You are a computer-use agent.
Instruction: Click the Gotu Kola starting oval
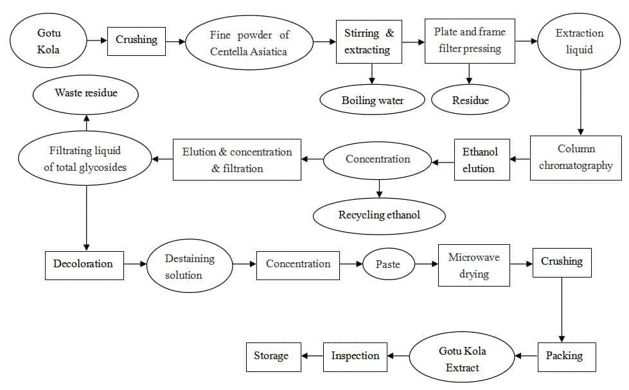(x=48, y=40)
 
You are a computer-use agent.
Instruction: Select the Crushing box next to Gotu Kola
(x=136, y=41)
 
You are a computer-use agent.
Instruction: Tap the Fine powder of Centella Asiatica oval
(x=249, y=42)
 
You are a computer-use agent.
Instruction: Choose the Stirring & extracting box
(x=369, y=41)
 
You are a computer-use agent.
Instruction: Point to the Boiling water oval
(x=372, y=100)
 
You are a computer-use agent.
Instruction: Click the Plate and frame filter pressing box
(x=470, y=41)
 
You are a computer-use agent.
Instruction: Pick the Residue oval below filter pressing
(x=470, y=100)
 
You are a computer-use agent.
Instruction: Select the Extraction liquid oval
(x=579, y=41)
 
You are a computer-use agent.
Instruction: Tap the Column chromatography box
(x=576, y=157)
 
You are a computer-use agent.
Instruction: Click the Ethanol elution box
(x=482, y=160)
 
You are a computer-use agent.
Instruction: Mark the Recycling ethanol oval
(x=379, y=216)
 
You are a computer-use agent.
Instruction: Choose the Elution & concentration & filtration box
(x=237, y=160)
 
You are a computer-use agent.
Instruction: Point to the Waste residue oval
(x=85, y=94)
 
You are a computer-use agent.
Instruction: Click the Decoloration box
(x=84, y=265)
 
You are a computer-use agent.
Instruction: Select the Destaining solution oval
(x=190, y=265)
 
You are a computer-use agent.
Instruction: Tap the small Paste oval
(x=388, y=264)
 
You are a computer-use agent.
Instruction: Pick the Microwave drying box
(x=474, y=265)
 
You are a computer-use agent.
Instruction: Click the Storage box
(x=274, y=357)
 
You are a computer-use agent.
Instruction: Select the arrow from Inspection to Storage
(x=312, y=355)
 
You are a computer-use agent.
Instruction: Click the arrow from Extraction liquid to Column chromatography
(x=580, y=103)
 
